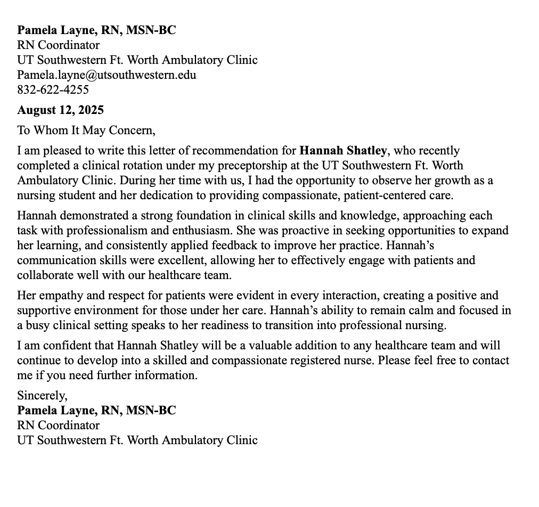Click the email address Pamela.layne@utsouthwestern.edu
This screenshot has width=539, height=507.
(107, 75)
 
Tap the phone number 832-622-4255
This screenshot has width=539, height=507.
(53, 89)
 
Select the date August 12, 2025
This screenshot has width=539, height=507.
(60, 110)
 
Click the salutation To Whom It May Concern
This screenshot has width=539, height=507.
(86, 130)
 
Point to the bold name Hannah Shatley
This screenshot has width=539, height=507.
(343, 151)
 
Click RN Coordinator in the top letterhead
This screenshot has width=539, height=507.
(58, 45)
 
